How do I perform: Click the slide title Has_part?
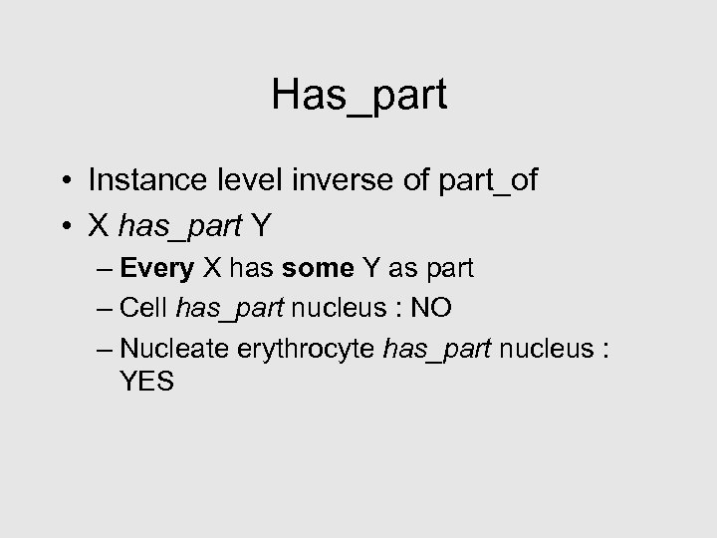coord(358,96)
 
